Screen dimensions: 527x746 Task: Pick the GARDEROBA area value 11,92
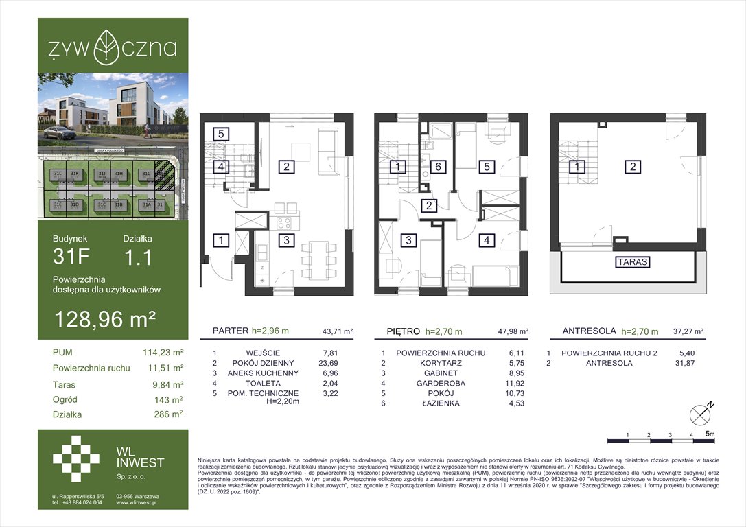click(x=513, y=383)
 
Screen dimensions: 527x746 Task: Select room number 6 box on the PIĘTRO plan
click(x=436, y=166)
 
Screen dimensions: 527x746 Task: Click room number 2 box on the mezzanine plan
click(x=632, y=166)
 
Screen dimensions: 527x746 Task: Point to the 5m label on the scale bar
click(x=710, y=434)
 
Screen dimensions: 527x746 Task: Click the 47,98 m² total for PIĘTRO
click(x=514, y=331)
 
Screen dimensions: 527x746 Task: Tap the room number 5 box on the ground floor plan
click(x=220, y=134)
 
